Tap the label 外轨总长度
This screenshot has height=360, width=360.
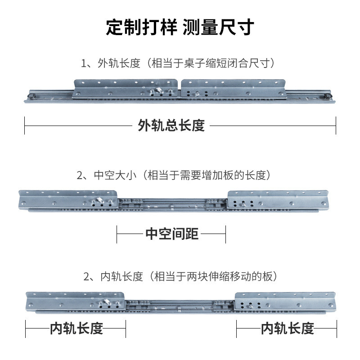pyautogui.click(x=171, y=125)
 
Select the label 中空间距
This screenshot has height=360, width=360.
pyautogui.click(x=171, y=234)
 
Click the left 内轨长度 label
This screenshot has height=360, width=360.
pyautogui.click(x=76, y=328)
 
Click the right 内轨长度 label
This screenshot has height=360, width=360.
pyautogui.click(x=288, y=328)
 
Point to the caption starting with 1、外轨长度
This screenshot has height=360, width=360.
pyautogui.click(x=178, y=63)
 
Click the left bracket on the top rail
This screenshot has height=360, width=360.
pyautogui.click(x=126, y=88)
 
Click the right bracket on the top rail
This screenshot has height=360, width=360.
pyautogui.click(x=234, y=89)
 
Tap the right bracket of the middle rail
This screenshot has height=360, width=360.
pyautogui.click(x=274, y=200)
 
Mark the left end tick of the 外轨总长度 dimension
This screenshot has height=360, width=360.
pyautogui.click(x=25, y=125)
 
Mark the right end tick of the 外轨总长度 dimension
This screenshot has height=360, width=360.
pyautogui.click(x=336, y=125)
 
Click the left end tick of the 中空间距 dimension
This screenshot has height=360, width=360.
pyautogui.click(x=117, y=234)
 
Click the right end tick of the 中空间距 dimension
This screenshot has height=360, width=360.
pyautogui.click(x=225, y=234)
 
